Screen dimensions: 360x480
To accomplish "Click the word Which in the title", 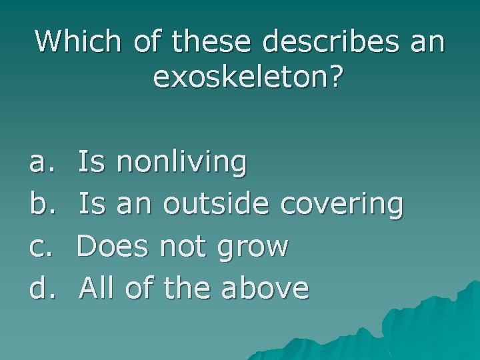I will click(x=78, y=41).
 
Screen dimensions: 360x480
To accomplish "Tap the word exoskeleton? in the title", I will click(x=248, y=77).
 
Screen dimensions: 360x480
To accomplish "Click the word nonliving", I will click(x=181, y=162).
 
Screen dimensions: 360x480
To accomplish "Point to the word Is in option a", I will click(x=91, y=162).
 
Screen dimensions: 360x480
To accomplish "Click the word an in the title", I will click(x=425, y=41).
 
